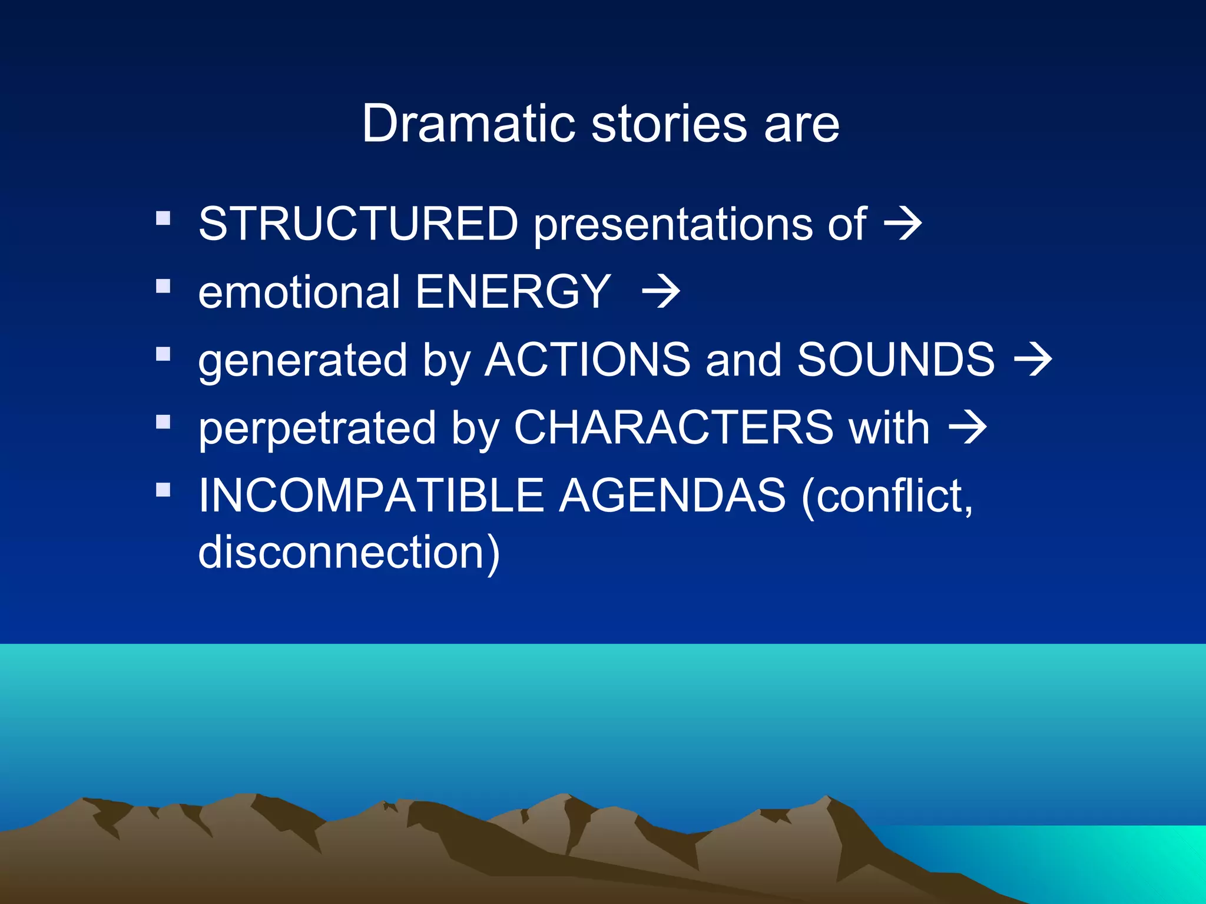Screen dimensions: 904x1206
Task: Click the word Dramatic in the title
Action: click(x=468, y=124)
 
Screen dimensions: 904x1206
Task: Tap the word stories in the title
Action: click(x=669, y=124)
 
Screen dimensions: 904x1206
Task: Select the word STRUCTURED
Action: click(x=358, y=224)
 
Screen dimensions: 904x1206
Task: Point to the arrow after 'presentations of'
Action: click(x=903, y=224)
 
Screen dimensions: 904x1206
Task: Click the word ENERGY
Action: click(x=513, y=292)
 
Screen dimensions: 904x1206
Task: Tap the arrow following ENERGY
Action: click(x=661, y=292)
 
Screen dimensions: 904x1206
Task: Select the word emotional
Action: click(x=299, y=292)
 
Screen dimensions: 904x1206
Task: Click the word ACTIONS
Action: click(x=587, y=360)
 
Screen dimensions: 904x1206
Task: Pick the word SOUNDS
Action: click(x=896, y=360)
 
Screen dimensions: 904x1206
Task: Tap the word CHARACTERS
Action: click(x=674, y=427)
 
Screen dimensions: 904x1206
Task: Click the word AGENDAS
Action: click(x=672, y=496)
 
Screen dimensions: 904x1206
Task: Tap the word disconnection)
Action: click(x=349, y=553)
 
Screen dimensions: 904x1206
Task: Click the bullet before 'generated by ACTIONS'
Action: click(x=163, y=354)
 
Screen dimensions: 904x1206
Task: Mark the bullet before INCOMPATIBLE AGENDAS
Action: click(x=163, y=490)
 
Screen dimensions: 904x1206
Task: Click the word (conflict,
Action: click(x=887, y=497)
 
